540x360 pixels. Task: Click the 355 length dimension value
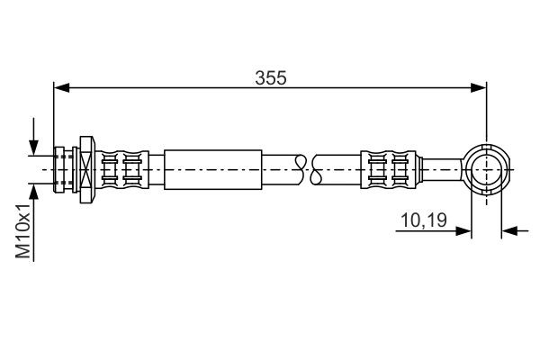tap(270, 78)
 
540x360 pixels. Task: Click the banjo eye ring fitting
tap(487, 167)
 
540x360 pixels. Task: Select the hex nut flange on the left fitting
tap(86, 167)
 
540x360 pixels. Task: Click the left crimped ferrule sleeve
tap(121, 167)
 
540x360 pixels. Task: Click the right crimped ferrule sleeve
tap(392, 167)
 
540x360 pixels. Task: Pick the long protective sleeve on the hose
tap(213, 167)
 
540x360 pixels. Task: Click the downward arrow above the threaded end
tap(33, 144)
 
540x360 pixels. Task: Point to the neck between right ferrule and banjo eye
tap(443, 167)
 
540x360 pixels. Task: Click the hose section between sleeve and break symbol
tap(281, 167)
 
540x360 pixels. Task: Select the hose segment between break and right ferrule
tap(340, 167)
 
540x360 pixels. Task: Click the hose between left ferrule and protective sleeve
tap(156, 167)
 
